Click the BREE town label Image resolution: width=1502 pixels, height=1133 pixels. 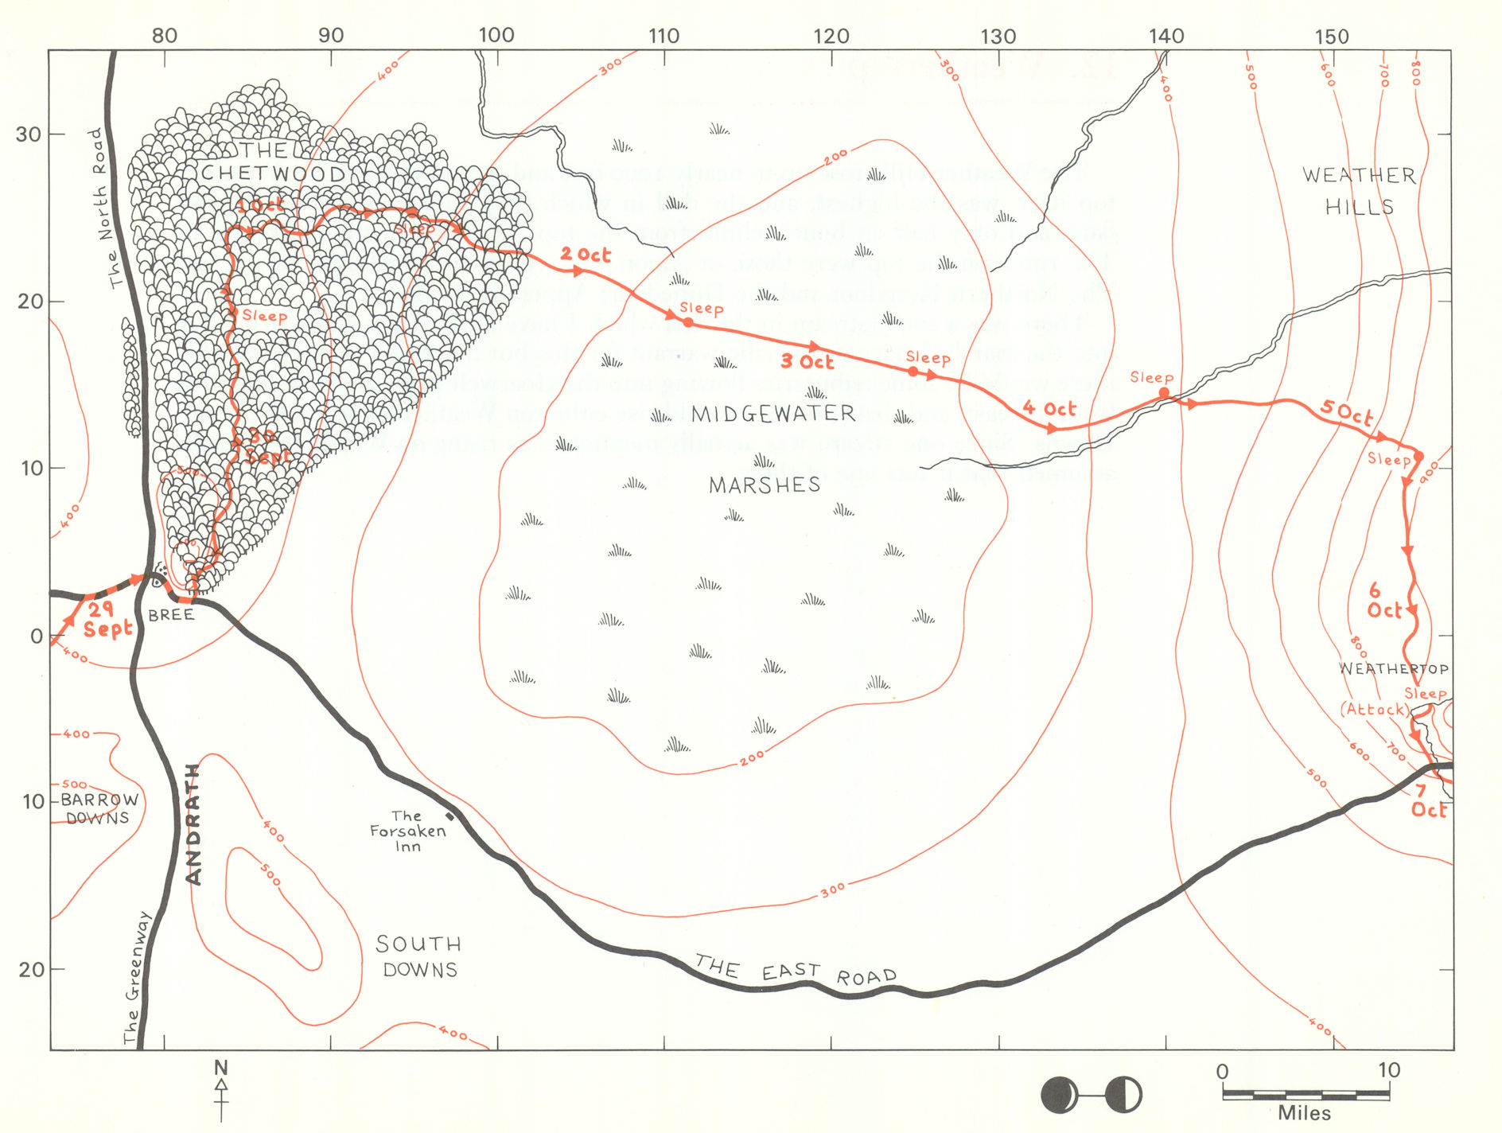click(x=171, y=615)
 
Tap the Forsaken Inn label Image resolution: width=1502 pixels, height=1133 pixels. click(x=407, y=831)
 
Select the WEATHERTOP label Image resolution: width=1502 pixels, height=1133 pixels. click(x=1394, y=668)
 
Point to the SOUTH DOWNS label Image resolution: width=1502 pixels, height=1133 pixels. click(x=419, y=956)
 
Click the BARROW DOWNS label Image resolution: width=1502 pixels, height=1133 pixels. click(x=99, y=808)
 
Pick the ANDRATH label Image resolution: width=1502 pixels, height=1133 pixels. click(x=193, y=824)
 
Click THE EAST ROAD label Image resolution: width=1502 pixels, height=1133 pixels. click(x=796, y=971)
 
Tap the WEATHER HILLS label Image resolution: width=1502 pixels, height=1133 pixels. click(x=1359, y=191)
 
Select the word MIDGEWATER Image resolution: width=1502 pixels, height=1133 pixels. click(x=773, y=414)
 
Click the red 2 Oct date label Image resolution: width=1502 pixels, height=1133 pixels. click(x=586, y=255)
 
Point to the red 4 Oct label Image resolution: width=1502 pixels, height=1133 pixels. click(x=1049, y=409)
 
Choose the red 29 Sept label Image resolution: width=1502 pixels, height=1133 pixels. click(x=107, y=620)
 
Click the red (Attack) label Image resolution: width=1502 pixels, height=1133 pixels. click(x=1374, y=709)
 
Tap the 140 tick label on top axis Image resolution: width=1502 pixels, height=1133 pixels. click(x=1166, y=36)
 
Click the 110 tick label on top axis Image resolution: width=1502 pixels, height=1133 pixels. click(x=663, y=36)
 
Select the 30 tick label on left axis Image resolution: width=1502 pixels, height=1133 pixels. click(x=29, y=134)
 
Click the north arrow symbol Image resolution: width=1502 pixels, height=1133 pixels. click(x=221, y=1088)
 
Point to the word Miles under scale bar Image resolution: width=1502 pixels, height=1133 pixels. click(x=1304, y=1113)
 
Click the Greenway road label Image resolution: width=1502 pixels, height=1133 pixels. click(x=136, y=977)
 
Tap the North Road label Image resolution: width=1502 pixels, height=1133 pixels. click(x=108, y=208)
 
